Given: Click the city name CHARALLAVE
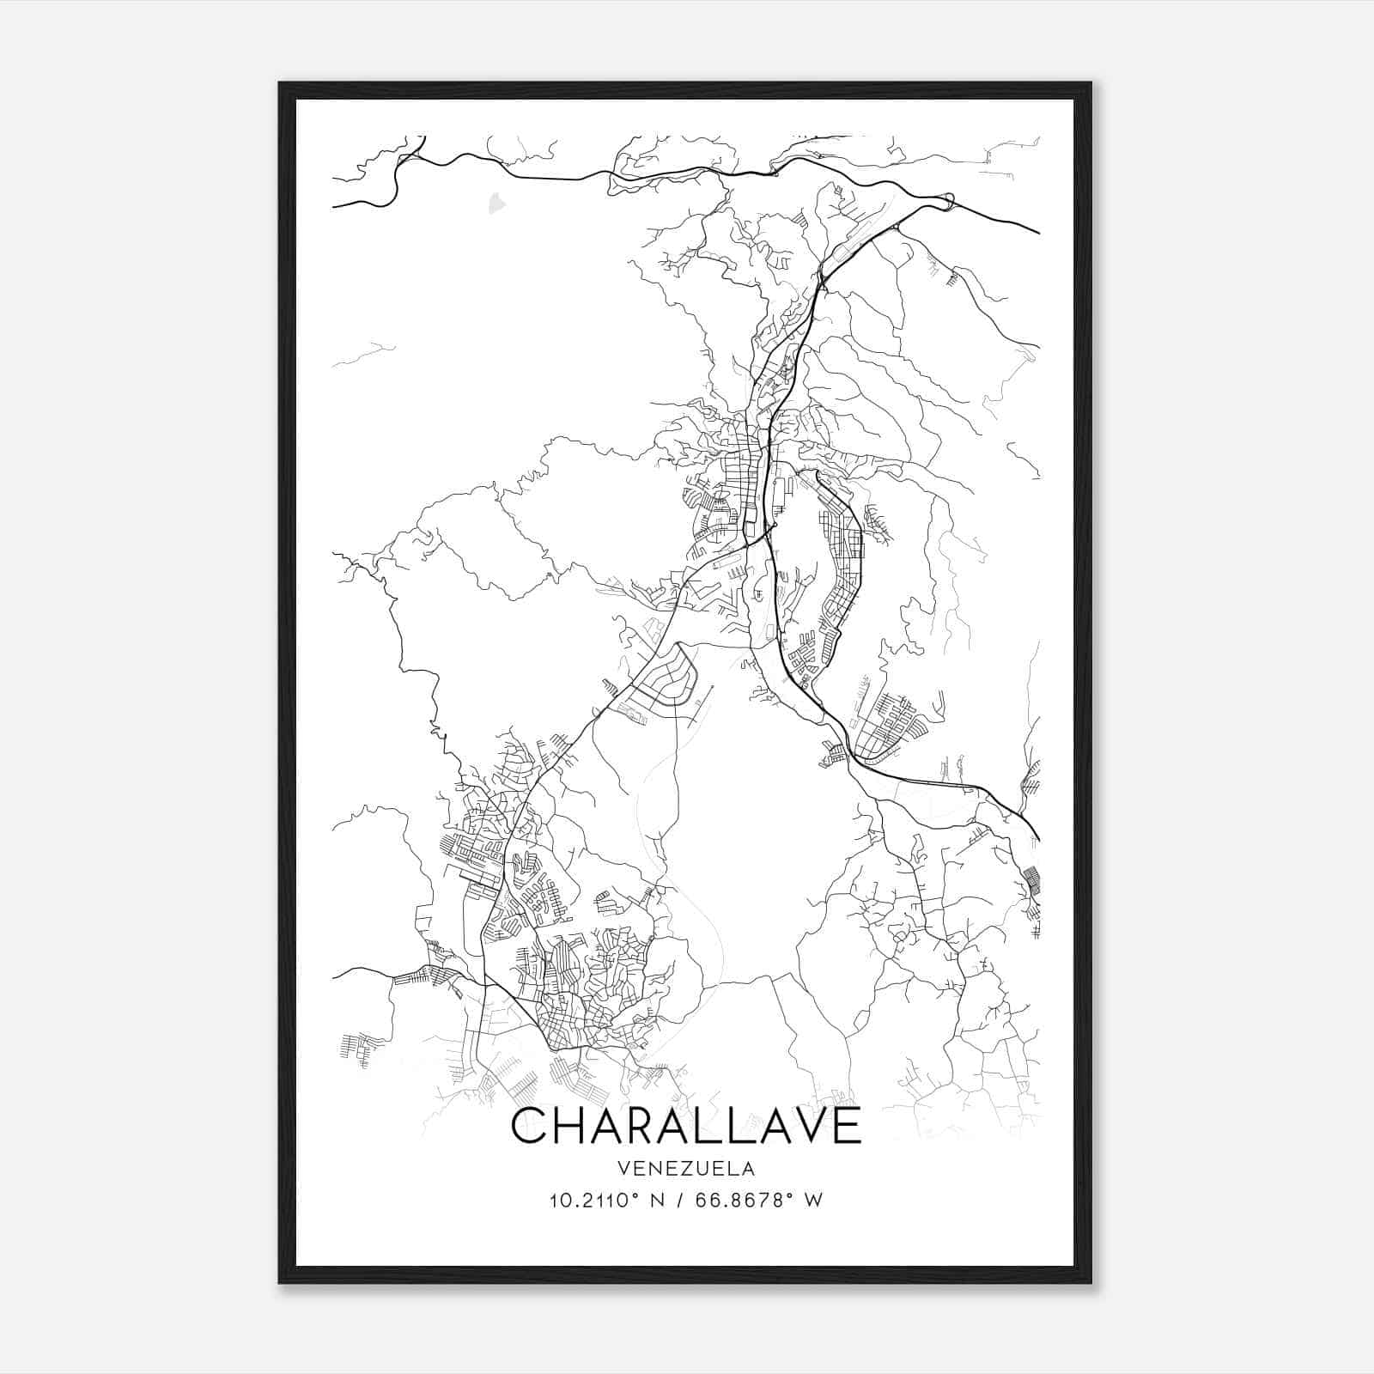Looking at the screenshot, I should point(685,1126).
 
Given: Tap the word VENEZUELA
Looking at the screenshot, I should point(685,1169).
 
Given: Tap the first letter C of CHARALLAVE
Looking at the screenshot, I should point(532,1126).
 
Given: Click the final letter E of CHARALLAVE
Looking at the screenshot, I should point(844,1126).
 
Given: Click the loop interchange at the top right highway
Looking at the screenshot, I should point(948,202).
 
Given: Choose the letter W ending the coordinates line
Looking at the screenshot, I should point(813,1201).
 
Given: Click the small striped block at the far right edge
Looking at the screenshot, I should point(1034,881).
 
